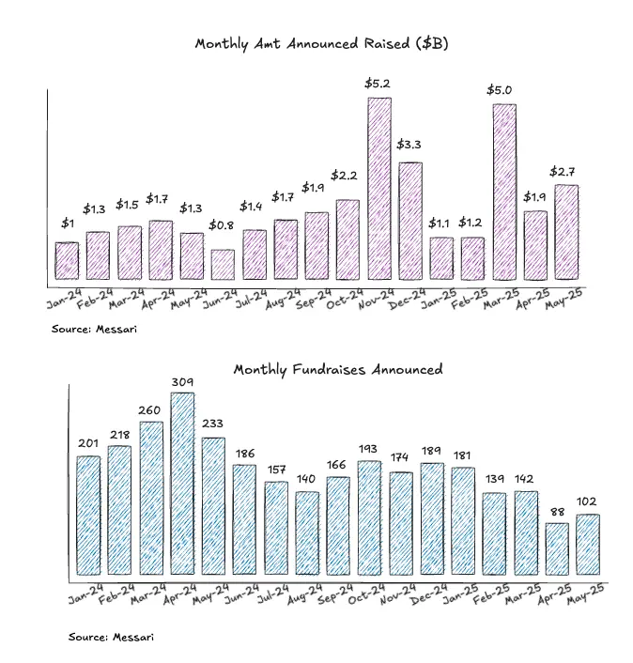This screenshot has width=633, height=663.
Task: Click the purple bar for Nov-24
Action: (x=378, y=189)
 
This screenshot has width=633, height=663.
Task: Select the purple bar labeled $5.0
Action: (x=503, y=192)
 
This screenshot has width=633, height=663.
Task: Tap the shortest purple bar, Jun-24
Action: (x=223, y=265)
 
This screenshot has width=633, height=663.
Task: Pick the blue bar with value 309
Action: (x=182, y=484)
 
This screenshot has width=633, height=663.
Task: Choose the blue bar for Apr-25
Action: (x=557, y=549)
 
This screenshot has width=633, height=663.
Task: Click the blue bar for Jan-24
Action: (x=88, y=516)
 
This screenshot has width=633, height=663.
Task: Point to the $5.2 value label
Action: (x=378, y=84)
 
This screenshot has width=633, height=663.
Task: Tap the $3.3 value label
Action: (x=409, y=145)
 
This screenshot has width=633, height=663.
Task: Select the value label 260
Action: (x=150, y=409)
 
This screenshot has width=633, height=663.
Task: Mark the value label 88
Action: (x=557, y=511)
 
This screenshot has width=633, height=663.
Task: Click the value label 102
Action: (x=588, y=501)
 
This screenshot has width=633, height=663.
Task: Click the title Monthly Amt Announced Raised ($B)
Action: (x=317, y=44)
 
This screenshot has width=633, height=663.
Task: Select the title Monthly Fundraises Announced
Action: (x=338, y=369)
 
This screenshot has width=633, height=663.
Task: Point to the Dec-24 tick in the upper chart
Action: (x=406, y=301)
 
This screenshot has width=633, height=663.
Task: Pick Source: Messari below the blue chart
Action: (x=111, y=637)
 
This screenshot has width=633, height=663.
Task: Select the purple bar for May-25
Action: (x=566, y=232)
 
